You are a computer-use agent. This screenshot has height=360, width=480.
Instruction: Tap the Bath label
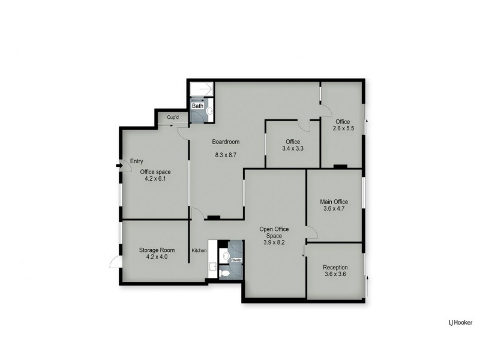pos(197,106)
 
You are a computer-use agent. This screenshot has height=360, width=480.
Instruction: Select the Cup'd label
pos(173,118)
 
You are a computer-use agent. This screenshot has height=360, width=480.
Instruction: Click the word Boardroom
pos(226,142)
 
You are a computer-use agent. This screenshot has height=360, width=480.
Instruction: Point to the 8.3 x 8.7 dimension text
pos(226,155)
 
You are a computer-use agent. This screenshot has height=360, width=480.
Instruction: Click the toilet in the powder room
pos(224,272)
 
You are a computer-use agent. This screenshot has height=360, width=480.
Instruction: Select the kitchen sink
pos(212,266)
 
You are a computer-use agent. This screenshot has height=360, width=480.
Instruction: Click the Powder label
pos(236,260)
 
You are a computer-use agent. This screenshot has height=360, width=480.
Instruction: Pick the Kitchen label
pos(199,250)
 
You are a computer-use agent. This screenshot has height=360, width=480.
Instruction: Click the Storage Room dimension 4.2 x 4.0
pos(152,257)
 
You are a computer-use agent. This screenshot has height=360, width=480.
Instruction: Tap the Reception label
pos(335,268)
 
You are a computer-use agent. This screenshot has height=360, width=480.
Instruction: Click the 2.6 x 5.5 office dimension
pos(344,128)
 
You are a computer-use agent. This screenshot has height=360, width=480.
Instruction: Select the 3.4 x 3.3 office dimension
pos(293,148)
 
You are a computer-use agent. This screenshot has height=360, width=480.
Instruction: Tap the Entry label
pos(136,161)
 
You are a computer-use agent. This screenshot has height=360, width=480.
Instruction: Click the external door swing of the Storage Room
pos(115,262)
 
